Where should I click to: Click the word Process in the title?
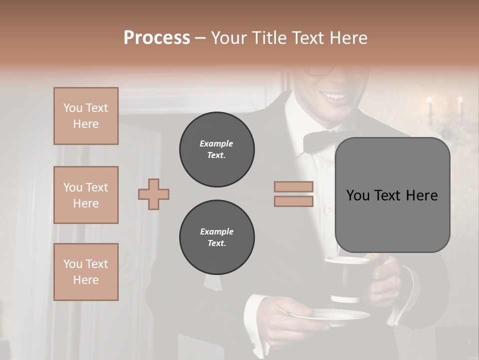157,38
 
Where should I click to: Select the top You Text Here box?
86,116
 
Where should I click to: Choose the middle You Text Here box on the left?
86,195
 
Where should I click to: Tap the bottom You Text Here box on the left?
86,271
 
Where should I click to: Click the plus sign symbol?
154,194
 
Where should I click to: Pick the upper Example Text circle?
217,149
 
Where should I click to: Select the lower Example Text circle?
217,237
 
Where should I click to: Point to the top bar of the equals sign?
293,186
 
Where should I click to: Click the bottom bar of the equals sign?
293,201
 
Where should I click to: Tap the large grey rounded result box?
392,195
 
